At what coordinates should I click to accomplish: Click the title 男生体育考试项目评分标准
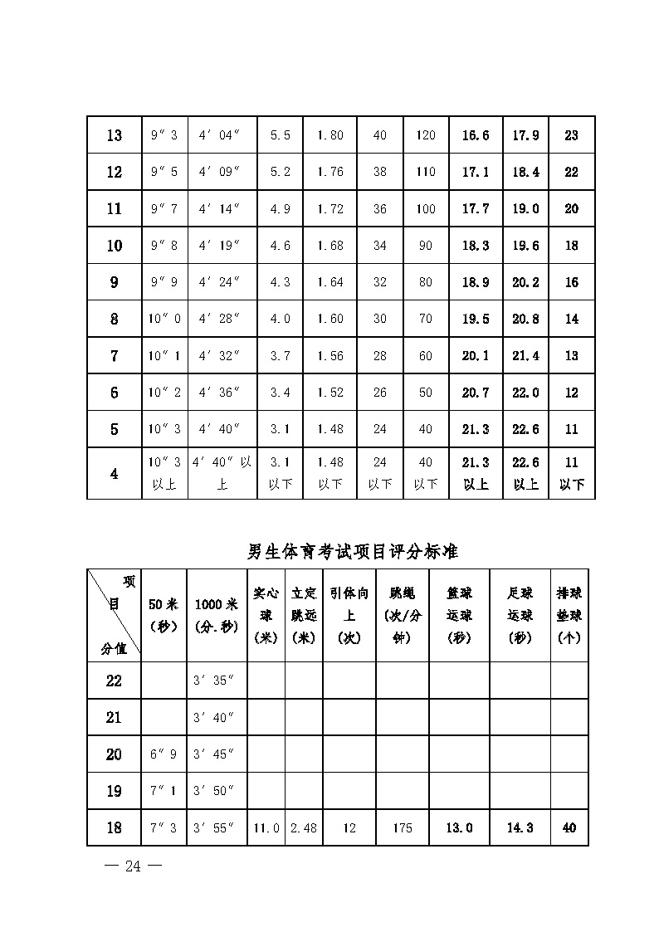tap(353, 551)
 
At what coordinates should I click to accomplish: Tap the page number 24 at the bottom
tap(133, 866)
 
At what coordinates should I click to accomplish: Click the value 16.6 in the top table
tap(476, 135)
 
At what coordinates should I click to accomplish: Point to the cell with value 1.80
tap(329, 135)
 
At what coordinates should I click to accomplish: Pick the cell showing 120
tap(426, 135)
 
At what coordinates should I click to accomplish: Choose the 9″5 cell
tap(164, 172)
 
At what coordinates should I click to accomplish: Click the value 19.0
tap(525, 209)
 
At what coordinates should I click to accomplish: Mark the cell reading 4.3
tap(281, 282)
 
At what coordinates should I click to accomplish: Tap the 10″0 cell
tap(164, 319)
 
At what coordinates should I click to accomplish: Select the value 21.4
tap(525, 356)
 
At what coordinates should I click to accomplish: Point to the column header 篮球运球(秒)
tap(459, 615)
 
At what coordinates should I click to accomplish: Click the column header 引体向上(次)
tap(349, 615)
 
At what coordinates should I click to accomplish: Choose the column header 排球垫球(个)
tap(569, 615)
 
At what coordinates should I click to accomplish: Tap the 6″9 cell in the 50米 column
tap(164, 754)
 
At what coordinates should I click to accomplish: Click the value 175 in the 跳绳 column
tap(403, 827)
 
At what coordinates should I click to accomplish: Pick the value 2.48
tap(304, 827)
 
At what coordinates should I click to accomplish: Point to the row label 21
tap(114, 718)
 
